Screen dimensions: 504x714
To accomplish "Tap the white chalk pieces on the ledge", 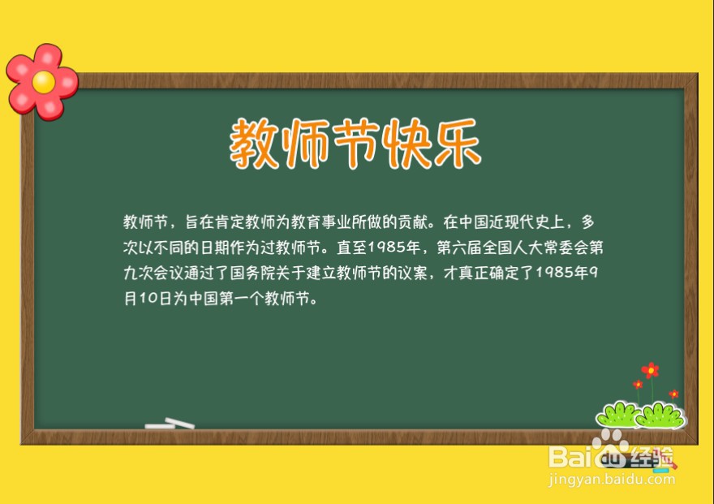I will pos(170,424).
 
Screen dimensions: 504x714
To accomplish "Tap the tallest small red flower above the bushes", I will pos(650,370).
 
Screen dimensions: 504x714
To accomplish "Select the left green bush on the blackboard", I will pos(618,416).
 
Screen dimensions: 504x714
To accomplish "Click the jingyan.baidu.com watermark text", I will pos(612,479).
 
